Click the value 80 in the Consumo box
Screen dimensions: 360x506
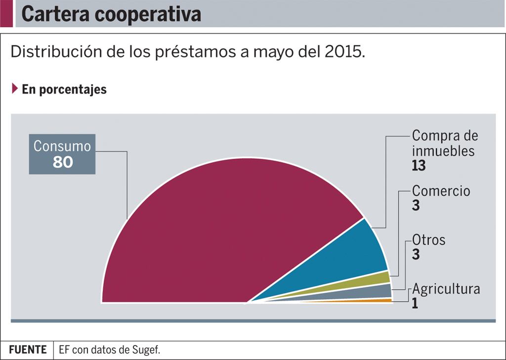[63, 162]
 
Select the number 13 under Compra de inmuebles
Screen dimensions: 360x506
[419, 166]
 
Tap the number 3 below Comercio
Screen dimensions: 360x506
[416, 206]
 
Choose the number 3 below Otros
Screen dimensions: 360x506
[416, 255]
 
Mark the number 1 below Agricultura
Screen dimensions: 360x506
[415, 303]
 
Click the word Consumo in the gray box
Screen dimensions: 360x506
[62, 146]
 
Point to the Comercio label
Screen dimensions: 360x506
[441, 191]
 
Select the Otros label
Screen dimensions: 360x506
[428, 240]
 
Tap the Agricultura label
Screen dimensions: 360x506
[446, 289]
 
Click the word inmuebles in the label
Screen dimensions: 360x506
[443, 150]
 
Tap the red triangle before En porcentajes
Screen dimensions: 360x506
[15, 89]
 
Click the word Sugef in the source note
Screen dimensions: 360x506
[147, 350]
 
